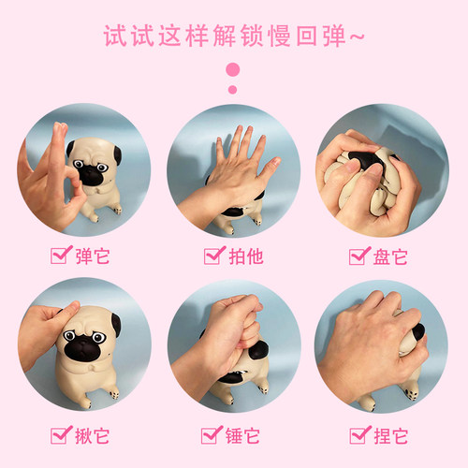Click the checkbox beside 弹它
(59, 256)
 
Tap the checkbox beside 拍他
(212, 256)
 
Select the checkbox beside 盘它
(358, 256)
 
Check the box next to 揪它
(59, 435)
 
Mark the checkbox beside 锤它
(210, 435)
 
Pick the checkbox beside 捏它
(358, 435)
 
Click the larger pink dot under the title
(233, 69)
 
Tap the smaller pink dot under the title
(232, 90)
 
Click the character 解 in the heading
(225, 36)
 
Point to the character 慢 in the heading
(280, 36)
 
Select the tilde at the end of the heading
(357, 37)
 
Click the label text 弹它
(93, 256)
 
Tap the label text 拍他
(246, 256)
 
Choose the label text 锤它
(242, 436)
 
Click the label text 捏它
(391, 436)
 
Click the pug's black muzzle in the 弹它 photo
(91, 175)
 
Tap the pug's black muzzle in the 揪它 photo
(82, 348)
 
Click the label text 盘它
(390, 256)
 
